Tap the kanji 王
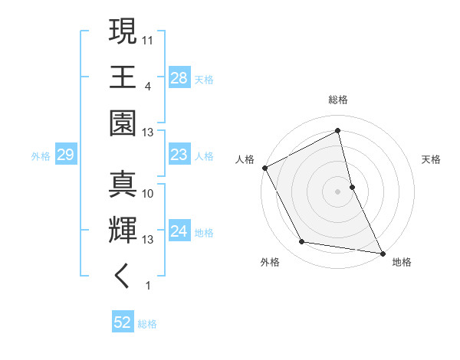[x=123, y=78]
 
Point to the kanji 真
[x=123, y=185]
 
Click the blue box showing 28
[x=179, y=77]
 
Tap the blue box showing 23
[x=179, y=155]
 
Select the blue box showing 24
[x=179, y=231]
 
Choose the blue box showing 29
[x=65, y=155]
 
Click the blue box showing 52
[x=123, y=322]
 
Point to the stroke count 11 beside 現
[x=148, y=39]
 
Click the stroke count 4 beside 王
[x=146, y=87]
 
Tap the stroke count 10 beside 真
[x=148, y=193]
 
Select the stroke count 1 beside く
[x=146, y=286]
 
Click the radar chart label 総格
[x=337, y=100]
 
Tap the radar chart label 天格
[x=431, y=159]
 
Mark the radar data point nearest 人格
[x=264, y=167]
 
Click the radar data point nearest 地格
[x=382, y=251]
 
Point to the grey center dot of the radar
[x=337, y=191]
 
